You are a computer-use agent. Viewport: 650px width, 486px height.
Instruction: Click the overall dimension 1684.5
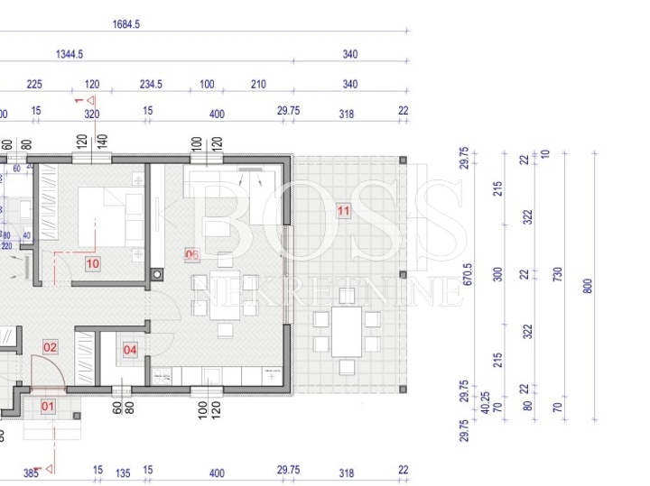pos(126,24)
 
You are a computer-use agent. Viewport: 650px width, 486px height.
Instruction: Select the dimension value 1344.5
pos(70,54)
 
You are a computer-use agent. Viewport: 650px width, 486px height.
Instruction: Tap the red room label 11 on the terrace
pos(342,211)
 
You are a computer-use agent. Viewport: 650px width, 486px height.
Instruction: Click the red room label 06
pos(191,254)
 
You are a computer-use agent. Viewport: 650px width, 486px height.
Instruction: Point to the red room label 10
pos(93,264)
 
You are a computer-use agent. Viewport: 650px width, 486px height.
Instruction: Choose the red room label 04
pos(130,349)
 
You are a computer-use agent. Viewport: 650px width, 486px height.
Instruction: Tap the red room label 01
pos(49,407)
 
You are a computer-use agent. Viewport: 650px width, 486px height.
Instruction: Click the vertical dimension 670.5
pos(467,274)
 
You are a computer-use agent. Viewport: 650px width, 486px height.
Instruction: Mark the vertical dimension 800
pos(589,286)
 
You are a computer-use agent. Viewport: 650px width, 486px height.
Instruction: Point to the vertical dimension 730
pos(558,274)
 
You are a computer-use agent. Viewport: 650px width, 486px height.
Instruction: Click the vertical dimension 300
pos(497,274)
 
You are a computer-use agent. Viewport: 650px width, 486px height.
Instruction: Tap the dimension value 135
pos(123,472)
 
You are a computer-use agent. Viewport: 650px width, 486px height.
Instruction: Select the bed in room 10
pos(109,215)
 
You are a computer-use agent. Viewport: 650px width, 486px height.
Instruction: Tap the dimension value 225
pos(34,84)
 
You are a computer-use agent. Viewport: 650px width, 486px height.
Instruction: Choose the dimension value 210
pos(258,84)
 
